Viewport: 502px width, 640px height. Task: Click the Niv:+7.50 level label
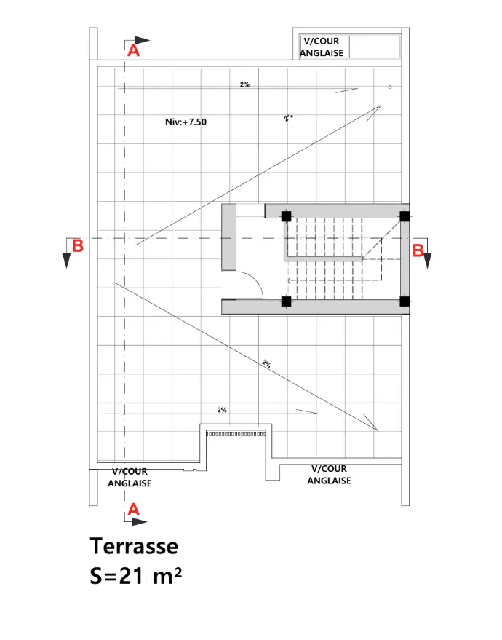[x=186, y=122]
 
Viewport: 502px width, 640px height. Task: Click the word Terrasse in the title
[x=134, y=546]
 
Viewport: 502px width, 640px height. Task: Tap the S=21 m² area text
[x=136, y=576]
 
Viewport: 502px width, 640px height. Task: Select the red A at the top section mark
[x=133, y=51]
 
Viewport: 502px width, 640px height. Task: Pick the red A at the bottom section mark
[x=133, y=510]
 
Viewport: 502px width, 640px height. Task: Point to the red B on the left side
[x=77, y=246]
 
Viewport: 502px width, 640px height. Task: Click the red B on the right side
[x=418, y=250]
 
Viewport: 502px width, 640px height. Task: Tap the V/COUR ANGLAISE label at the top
[x=322, y=47]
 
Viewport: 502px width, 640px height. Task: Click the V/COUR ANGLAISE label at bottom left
[x=130, y=478]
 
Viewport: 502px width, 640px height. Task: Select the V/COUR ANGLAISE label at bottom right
[x=329, y=475]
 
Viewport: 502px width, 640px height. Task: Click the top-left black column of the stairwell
[x=286, y=216]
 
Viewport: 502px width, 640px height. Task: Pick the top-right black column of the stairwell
[x=405, y=216]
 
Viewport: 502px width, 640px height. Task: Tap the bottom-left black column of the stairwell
[x=286, y=301]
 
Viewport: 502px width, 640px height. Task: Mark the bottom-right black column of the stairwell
[x=405, y=301]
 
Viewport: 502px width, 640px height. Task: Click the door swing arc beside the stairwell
[x=255, y=279]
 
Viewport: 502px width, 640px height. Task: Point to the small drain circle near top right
[x=390, y=87]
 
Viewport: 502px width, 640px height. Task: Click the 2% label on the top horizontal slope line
[x=244, y=84]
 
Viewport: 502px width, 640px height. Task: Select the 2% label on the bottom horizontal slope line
[x=222, y=410]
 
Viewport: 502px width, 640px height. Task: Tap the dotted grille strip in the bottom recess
[x=236, y=434]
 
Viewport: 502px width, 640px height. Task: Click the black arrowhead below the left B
[x=66, y=261]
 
